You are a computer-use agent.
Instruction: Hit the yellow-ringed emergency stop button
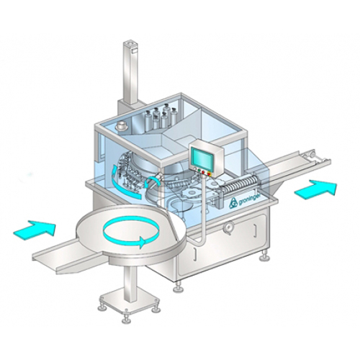(210, 174)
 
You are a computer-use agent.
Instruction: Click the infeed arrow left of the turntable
(35, 228)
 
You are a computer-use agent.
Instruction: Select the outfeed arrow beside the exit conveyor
(315, 189)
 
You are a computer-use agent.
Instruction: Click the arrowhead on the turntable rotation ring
(143, 243)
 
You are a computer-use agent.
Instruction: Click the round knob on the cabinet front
(228, 227)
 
